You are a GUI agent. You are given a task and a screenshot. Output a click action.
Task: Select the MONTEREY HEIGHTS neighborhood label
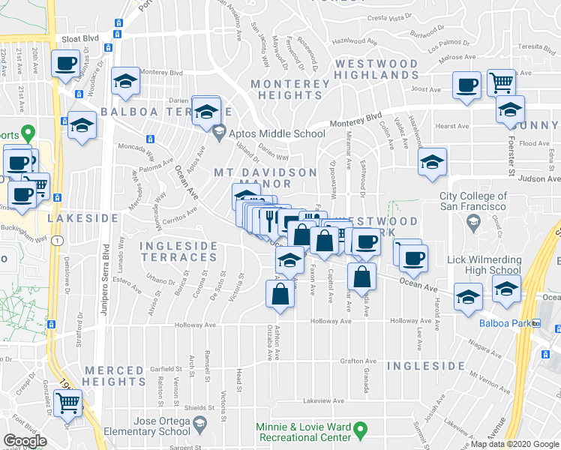pyautogui.click(x=290, y=89)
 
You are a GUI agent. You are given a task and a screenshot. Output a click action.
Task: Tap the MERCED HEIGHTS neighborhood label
pyautogui.click(x=114, y=376)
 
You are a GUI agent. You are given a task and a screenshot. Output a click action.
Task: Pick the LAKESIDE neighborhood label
pyautogui.click(x=83, y=217)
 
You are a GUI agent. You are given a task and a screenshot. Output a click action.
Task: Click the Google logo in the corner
pyautogui.click(x=25, y=441)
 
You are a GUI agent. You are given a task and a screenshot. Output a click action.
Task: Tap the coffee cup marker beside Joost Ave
pyautogui.click(x=466, y=85)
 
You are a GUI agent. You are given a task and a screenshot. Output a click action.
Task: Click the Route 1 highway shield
pyautogui.click(x=56, y=241)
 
